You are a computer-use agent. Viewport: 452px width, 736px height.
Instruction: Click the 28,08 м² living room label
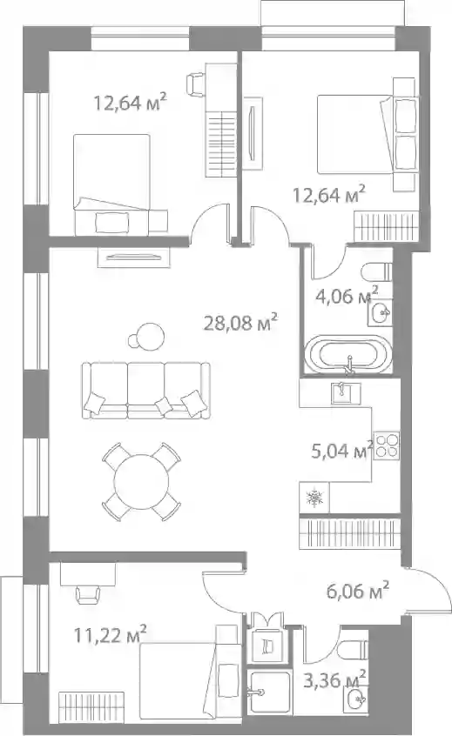[x=240, y=322]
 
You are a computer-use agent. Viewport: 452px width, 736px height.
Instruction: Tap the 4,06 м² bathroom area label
[x=347, y=296]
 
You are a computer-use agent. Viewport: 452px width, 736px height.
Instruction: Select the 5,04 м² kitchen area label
[x=342, y=451]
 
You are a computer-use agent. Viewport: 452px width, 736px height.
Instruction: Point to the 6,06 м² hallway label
[x=358, y=591]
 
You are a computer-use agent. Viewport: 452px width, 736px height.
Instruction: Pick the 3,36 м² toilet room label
[x=334, y=680]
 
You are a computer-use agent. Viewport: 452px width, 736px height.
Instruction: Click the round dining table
[x=141, y=481]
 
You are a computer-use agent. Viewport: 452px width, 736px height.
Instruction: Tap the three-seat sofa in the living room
[x=145, y=390]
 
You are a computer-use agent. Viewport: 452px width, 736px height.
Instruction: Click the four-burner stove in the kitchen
[x=387, y=445]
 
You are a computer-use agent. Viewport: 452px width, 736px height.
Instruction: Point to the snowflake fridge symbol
[x=314, y=498]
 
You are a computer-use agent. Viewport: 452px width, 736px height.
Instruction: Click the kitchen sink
[x=347, y=393]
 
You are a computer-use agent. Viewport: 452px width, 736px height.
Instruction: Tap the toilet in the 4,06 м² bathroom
[x=377, y=271]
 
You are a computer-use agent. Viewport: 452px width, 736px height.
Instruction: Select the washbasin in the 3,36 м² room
[x=357, y=699]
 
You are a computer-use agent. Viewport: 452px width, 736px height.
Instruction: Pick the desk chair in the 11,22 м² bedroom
[x=88, y=595]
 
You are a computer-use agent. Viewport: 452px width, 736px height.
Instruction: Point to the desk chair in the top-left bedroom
[x=197, y=83]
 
